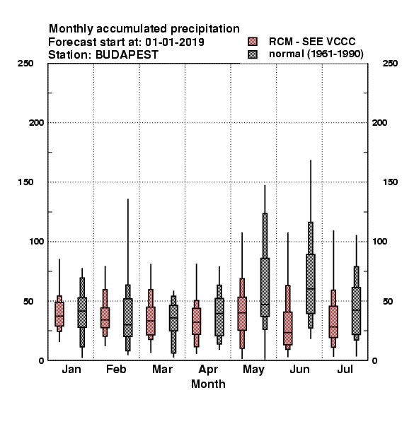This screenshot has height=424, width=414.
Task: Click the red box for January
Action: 59,314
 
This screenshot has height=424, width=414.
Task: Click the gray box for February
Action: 128,317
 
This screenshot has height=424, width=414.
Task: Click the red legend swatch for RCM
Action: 253,42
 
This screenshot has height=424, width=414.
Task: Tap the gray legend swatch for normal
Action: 253,54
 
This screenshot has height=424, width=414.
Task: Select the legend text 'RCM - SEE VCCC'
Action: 312,42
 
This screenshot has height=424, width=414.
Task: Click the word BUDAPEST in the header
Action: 127,55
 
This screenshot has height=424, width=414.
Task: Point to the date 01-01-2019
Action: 175,42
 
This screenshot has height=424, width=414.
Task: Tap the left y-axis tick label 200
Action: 36,123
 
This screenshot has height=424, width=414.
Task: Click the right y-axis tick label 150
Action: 390,182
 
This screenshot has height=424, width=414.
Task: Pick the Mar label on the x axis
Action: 162,370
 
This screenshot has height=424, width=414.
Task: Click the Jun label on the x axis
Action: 299,370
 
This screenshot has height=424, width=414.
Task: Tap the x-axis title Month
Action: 208,384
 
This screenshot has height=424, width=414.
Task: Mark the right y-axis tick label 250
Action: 390,64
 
